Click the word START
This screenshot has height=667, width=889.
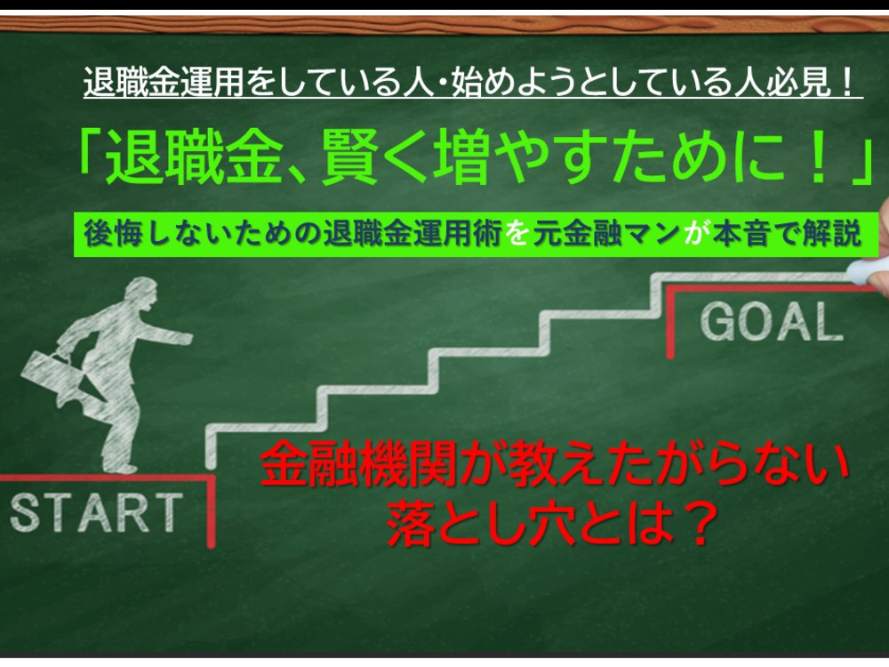[x=96, y=512]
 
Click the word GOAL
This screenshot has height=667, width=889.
[x=772, y=322]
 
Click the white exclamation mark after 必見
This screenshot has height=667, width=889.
[x=846, y=83]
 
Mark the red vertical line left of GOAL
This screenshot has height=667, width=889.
[x=670, y=323]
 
